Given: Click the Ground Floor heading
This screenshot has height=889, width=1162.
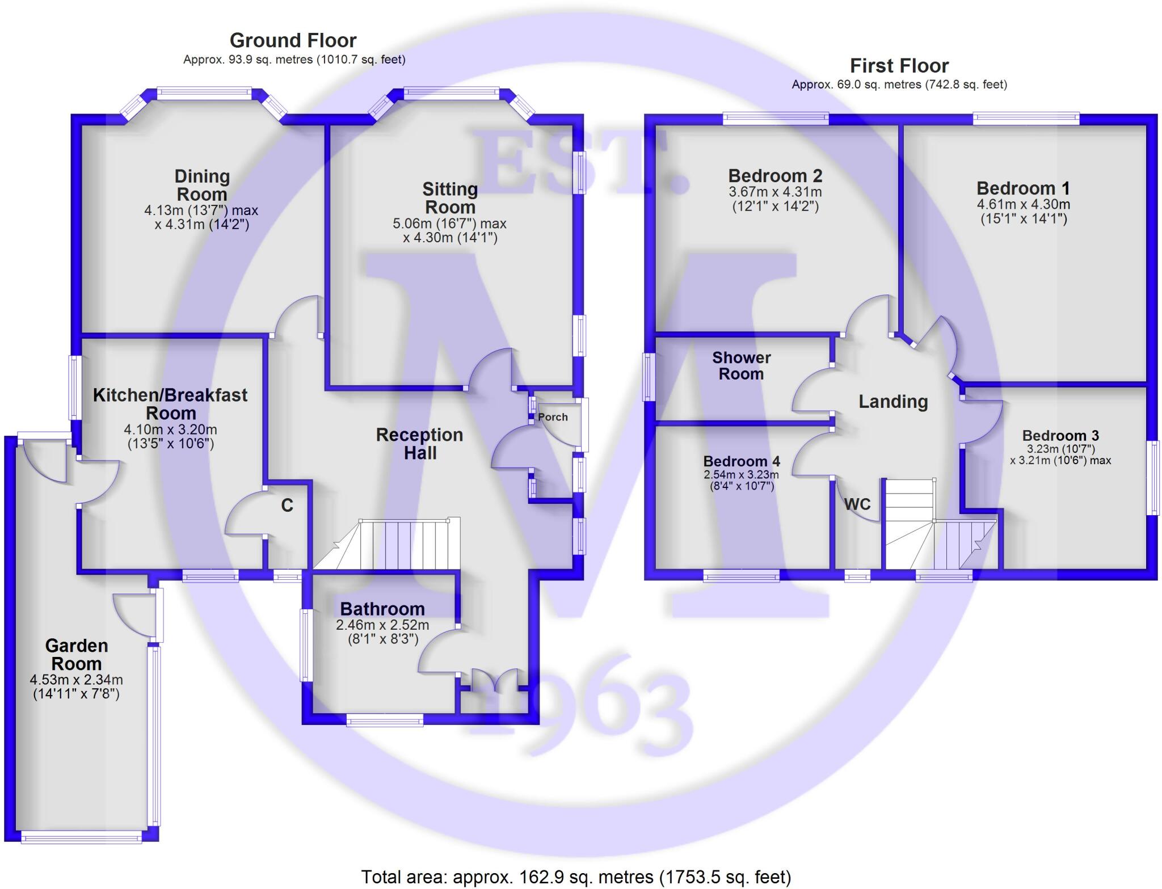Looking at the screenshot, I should [x=293, y=40].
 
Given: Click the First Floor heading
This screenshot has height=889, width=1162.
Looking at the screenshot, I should [x=899, y=66].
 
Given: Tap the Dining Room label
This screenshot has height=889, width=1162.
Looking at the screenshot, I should [x=202, y=185].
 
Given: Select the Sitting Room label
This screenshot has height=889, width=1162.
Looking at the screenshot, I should [x=450, y=198].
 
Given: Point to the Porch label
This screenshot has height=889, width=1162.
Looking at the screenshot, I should [x=553, y=417].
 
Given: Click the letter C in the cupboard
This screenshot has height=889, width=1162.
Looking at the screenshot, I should [x=287, y=505].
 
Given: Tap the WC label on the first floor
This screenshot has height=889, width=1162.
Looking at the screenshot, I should [x=857, y=504].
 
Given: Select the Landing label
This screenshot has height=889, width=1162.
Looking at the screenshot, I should [x=893, y=402].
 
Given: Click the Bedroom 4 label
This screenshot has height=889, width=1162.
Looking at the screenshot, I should [x=741, y=461].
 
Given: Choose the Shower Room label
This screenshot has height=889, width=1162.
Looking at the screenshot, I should [x=741, y=366].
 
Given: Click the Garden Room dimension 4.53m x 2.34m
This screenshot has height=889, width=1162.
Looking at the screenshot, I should [x=76, y=680].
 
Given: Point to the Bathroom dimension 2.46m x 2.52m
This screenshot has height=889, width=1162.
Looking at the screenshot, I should [x=382, y=625].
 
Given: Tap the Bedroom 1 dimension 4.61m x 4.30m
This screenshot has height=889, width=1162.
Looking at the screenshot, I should [x=1023, y=204].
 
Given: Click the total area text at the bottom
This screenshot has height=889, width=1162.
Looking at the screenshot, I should [x=576, y=877].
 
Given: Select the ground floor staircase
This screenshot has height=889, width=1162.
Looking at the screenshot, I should [x=397, y=545].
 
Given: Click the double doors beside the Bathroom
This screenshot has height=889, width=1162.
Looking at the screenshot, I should [x=494, y=680].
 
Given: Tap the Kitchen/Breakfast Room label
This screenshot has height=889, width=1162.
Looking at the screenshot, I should [x=170, y=404].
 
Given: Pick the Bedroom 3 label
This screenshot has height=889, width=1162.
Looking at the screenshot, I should [x=1060, y=436].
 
